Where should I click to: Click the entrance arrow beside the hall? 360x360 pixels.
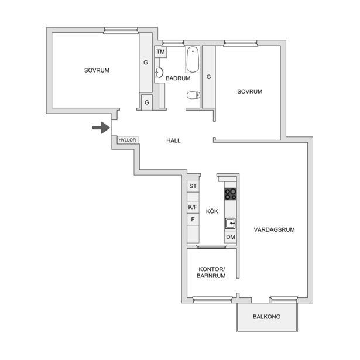pyautogui.click(x=101, y=128)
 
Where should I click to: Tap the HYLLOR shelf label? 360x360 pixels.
pyautogui.click(x=127, y=140)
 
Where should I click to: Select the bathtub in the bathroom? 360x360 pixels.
pyautogui.click(x=193, y=60)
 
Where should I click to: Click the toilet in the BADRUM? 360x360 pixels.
pyautogui.click(x=193, y=95)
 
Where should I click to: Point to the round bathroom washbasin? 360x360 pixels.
pyautogui.click(x=159, y=73)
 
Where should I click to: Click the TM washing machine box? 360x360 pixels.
pyautogui.click(x=161, y=52)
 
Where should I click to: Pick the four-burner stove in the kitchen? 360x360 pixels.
pyautogui.click(x=231, y=194)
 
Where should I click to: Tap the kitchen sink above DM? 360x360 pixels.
pyautogui.click(x=230, y=223)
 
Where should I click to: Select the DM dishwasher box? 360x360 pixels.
pyautogui.click(x=231, y=237)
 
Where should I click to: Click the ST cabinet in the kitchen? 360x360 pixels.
pyautogui.click(x=193, y=186)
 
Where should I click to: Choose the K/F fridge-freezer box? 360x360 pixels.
pyautogui.click(x=193, y=207)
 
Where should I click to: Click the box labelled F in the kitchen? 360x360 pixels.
pyautogui.click(x=193, y=220)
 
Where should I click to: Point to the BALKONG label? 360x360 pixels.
pyautogui.click(x=266, y=317)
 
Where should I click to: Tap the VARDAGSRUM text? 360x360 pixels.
pyautogui.click(x=274, y=229)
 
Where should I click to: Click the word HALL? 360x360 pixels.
pyautogui.click(x=173, y=140)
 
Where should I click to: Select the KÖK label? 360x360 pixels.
pyautogui.click(x=212, y=211)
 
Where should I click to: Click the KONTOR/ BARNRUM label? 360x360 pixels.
pyautogui.click(x=211, y=272)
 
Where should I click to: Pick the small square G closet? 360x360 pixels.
pyautogui.click(x=147, y=102)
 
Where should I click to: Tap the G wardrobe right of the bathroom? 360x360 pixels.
pyautogui.click(x=209, y=77)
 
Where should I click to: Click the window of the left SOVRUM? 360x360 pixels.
pyautogui.click(x=121, y=30)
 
